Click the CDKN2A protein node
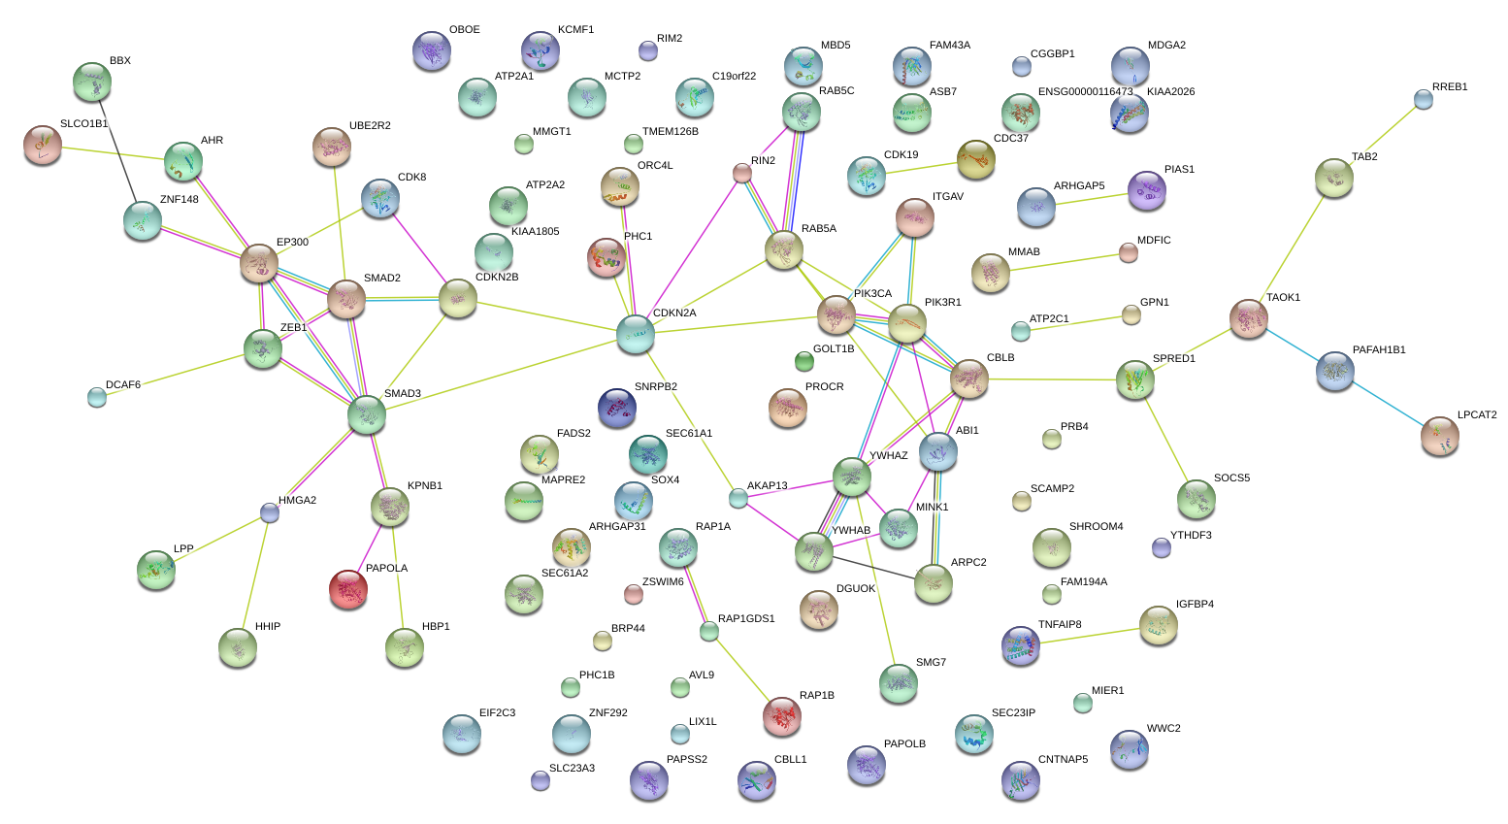(x=635, y=334)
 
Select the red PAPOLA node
(x=348, y=589)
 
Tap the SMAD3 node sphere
(x=366, y=414)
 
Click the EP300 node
(x=259, y=263)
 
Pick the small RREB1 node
(x=1424, y=100)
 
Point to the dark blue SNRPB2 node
(x=616, y=408)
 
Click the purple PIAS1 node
(x=1146, y=190)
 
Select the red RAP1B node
(x=781, y=716)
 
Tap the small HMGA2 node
(x=270, y=513)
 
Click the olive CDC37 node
(x=975, y=159)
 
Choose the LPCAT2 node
(x=1439, y=436)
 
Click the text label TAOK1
(x=1283, y=298)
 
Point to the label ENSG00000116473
(x=1085, y=91)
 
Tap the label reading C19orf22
(x=734, y=76)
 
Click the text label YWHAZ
(x=889, y=456)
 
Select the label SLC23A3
(x=573, y=768)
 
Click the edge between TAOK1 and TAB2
(x=1292, y=249)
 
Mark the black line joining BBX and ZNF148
(x=117, y=150)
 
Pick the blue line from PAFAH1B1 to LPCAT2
(x=1388, y=404)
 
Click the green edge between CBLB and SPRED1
(x=1052, y=379)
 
